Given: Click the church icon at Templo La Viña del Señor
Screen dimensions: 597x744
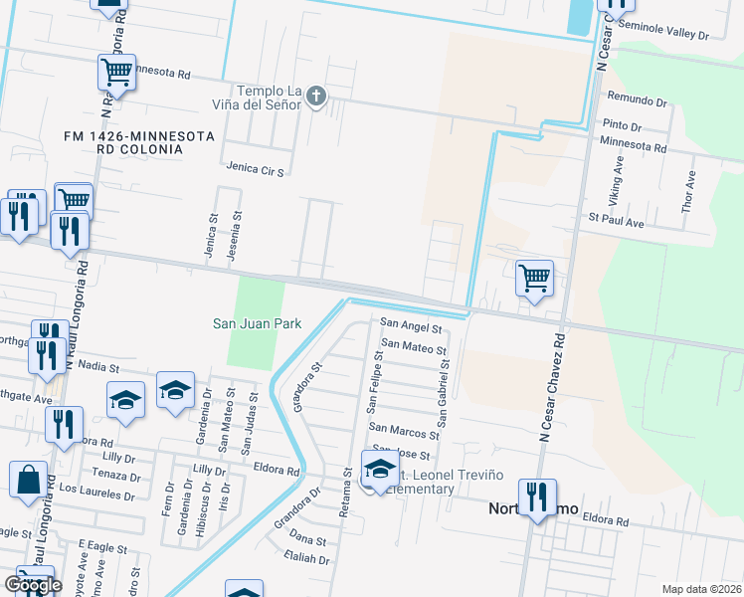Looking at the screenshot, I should [x=316, y=97].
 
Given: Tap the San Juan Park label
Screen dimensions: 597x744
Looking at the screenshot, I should [x=257, y=323].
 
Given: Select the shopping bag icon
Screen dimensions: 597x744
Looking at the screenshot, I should [x=29, y=478].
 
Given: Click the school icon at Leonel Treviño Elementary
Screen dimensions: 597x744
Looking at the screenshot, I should [x=380, y=468].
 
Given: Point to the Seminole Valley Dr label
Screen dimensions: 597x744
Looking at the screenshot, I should [x=662, y=34].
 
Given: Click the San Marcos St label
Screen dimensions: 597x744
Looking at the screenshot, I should [x=404, y=432].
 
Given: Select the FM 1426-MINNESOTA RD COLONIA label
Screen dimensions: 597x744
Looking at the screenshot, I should [x=124, y=141].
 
